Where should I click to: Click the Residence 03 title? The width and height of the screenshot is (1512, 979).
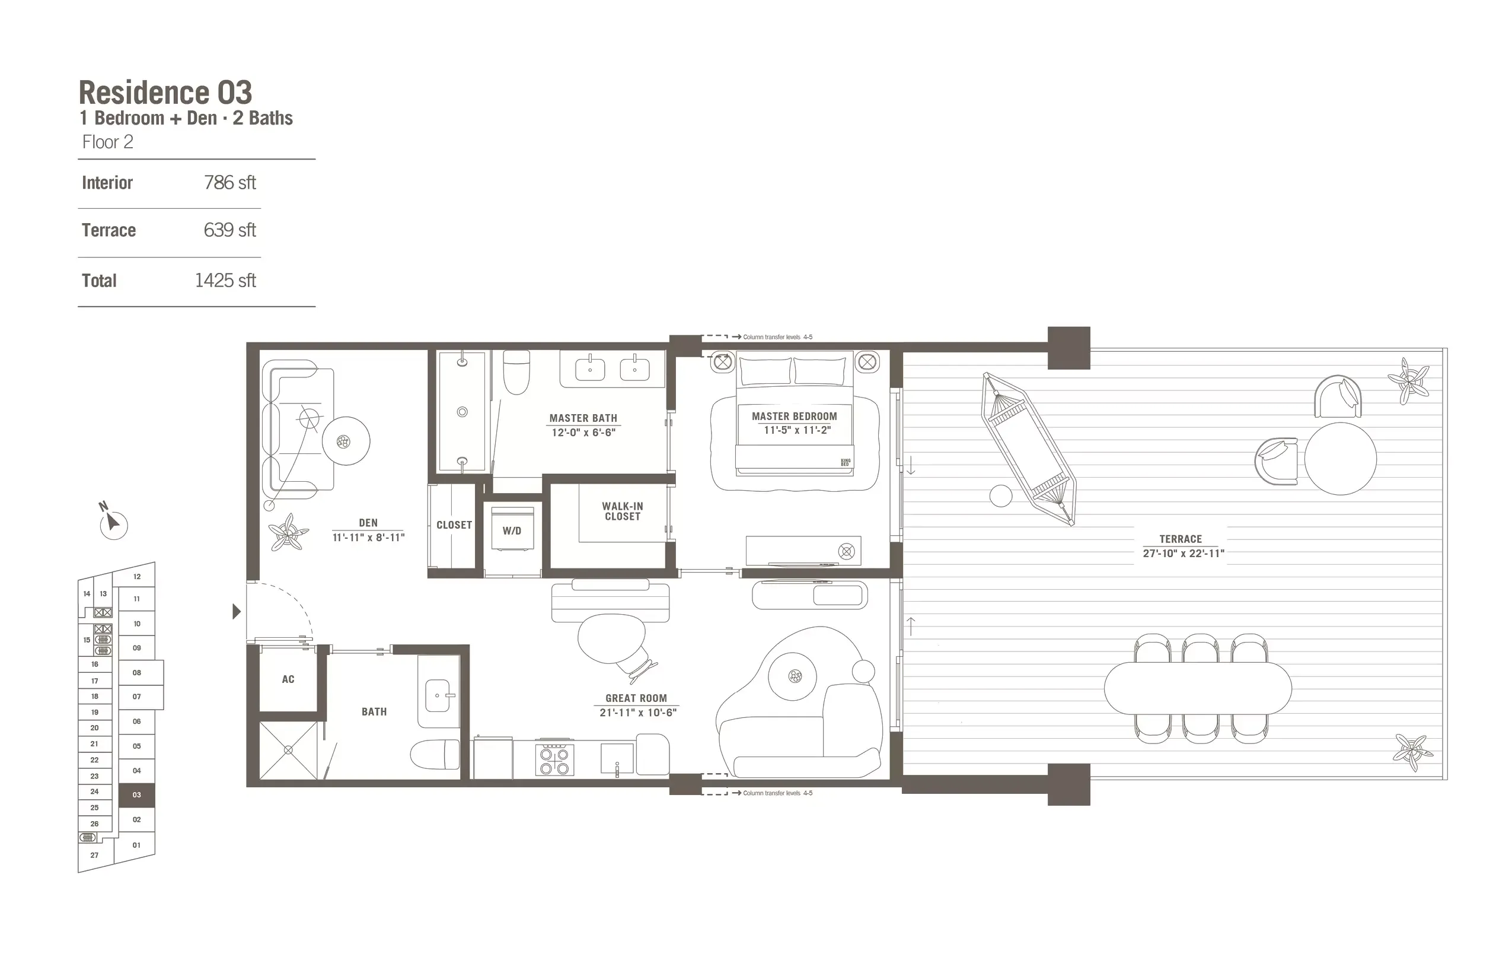coord(165,93)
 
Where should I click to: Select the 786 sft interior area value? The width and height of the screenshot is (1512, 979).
coord(229,183)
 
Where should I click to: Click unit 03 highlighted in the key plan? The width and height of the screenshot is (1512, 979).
coord(136,795)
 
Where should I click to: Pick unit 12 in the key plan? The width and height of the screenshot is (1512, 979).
coord(136,577)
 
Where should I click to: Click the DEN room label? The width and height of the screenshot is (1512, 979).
coord(368,523)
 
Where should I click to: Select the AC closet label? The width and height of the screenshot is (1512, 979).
coord(288,679)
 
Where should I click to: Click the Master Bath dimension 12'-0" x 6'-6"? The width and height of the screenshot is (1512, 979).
coord(583,433)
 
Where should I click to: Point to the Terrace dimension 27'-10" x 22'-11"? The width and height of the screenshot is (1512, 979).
coord(1183,554)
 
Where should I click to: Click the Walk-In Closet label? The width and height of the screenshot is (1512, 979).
coord(623,511)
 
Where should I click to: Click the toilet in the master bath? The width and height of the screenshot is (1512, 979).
coord(516,373)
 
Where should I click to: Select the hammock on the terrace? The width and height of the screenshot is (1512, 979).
coord(1029,448)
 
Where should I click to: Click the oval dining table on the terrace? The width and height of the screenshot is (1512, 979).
coord(1198,688)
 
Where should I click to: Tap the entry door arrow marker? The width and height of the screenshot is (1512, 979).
coord(237,612)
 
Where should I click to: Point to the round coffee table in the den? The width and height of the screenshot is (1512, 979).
coord(346,441)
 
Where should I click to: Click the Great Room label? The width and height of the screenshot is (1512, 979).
coord(636,698)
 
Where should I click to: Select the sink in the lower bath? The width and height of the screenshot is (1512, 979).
coord(438,696)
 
